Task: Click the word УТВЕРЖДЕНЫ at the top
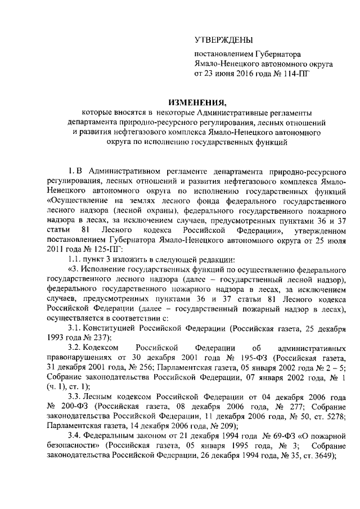[223, 39]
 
